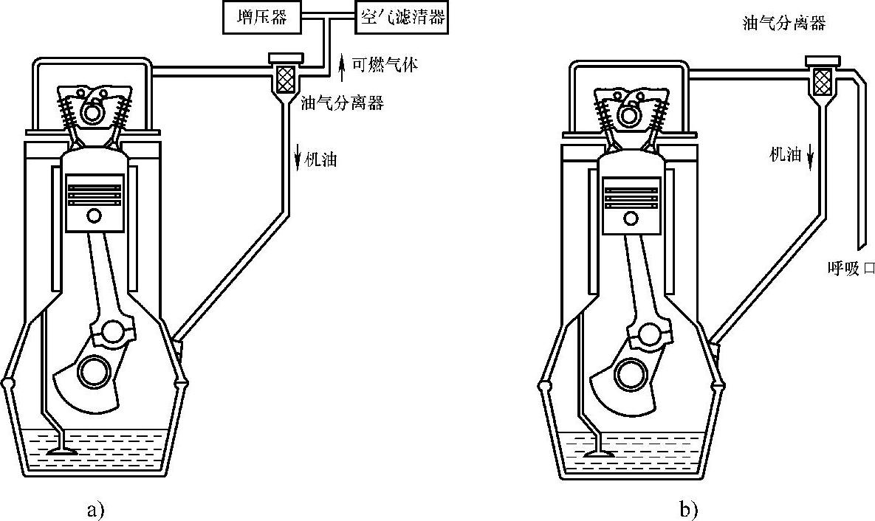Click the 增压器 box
[262, 17]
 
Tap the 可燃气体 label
[385, 65]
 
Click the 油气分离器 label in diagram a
[342, 103]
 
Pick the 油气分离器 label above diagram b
[783, 23]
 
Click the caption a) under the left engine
[96, 508]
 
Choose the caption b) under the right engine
[687, 508]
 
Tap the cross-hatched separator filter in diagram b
[822, 78]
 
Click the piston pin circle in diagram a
[95, 216]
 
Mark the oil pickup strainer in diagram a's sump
[62, 450]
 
